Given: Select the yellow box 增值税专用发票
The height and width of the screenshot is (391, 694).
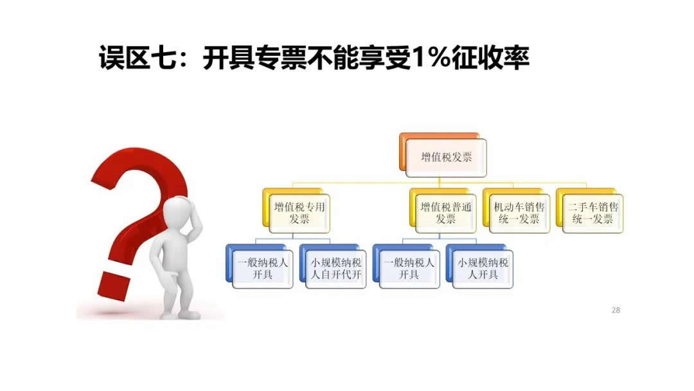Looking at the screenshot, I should tap(299, 213).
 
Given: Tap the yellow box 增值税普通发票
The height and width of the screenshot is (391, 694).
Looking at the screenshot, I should tap(446, 213).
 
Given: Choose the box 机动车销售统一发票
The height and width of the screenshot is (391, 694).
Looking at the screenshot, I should tap(519, 213).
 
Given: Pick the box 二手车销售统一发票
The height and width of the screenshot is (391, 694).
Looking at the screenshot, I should tap(592, 213).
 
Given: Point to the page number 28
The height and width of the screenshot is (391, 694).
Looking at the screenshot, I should tap(616, 311).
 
